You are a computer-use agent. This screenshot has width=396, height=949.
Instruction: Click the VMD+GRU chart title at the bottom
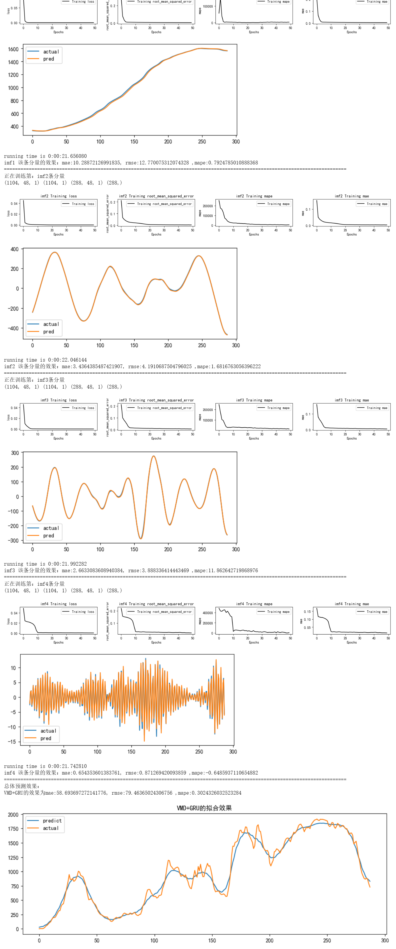click(204, 808)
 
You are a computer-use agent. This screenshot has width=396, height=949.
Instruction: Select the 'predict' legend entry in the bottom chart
click(52, 820)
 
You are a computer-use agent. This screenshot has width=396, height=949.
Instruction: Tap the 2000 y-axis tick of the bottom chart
click(13, 814)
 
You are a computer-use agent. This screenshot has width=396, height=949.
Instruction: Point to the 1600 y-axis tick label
click(13, 49)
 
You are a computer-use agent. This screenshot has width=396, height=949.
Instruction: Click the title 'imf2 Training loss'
click(59, 196)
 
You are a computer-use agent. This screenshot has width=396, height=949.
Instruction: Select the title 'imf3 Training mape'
click(254, 400)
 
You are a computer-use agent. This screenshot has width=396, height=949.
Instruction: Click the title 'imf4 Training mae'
click(352, 604)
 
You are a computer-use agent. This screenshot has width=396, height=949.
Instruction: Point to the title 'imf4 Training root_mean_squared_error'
click(156, 604)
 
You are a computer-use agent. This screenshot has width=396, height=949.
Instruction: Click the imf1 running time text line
click(45, 156)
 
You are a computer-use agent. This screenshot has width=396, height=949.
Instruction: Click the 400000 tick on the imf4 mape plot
click(208, 613)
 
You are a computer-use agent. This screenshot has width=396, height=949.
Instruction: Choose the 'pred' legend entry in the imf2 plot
click(48, 331)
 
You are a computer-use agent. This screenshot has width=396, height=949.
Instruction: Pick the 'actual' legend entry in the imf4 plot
click(48, 731)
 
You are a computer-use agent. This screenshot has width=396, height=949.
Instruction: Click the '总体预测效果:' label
click(22, 786)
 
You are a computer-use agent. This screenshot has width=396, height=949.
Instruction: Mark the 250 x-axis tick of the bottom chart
click(327, 940)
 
